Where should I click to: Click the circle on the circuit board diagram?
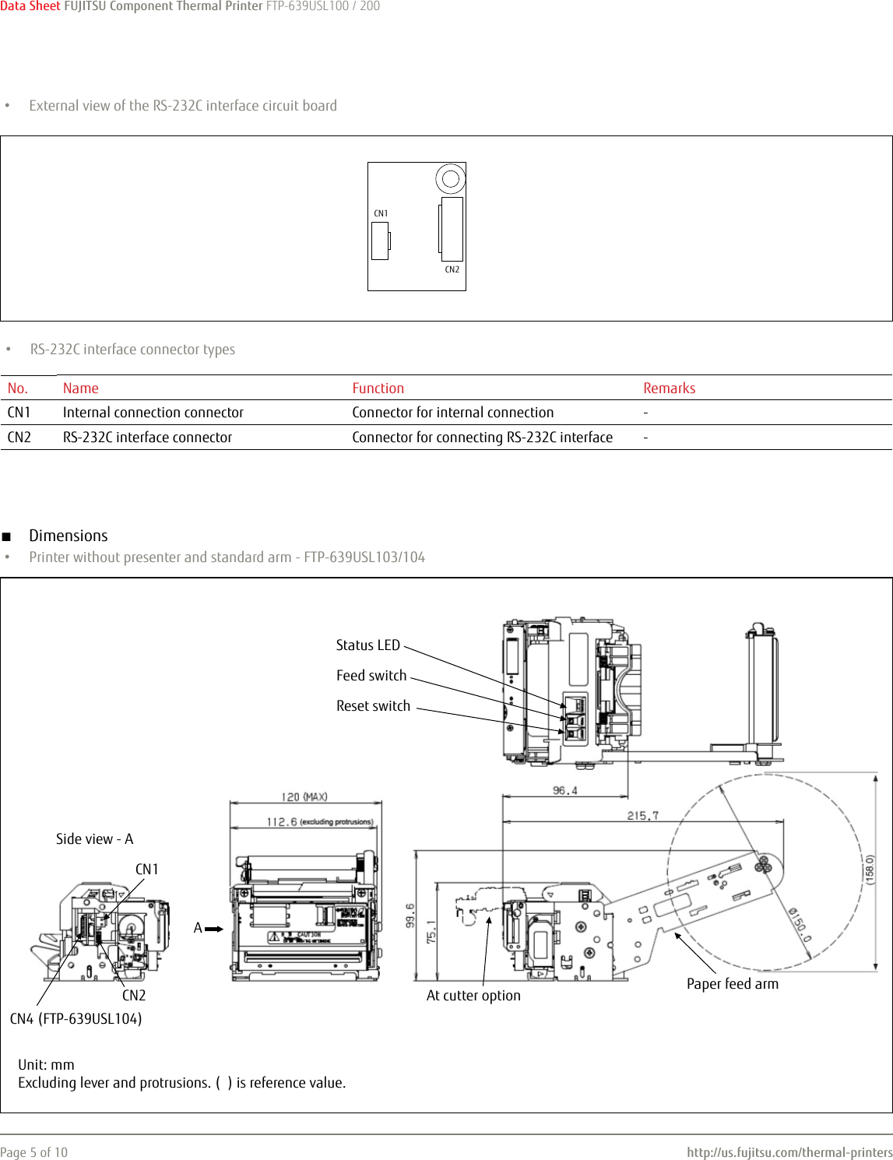[x=450, y=179]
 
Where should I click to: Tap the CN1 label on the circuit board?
[x=381, y=213]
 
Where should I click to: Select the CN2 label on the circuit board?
[x=452, y=269]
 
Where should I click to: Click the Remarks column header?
[x=669, y=388]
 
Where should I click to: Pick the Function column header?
[x=378, y=388]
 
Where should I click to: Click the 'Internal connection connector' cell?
[x=153, y=413]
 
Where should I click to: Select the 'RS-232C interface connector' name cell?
[x=147, y=438]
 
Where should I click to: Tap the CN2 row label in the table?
[x=19, y=438]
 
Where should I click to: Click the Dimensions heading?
[x=69, y=536]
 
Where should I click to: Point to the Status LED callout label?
[x=367, y=645]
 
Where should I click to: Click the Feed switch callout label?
[x=371, y=676]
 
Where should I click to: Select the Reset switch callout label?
[x=373, y=706]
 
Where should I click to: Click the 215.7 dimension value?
[x=643, y=816]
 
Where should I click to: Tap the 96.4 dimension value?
[x=565, y=791]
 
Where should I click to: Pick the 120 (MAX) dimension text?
[x=304, y=797]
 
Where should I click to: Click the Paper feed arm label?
[x=732, y=984]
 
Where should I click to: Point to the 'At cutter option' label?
[x=473, y=996]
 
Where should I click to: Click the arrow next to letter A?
[x=214, y=929]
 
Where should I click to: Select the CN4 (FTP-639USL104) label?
[x=76, y=1019]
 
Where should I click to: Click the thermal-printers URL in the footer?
[x=789, y=1152]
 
